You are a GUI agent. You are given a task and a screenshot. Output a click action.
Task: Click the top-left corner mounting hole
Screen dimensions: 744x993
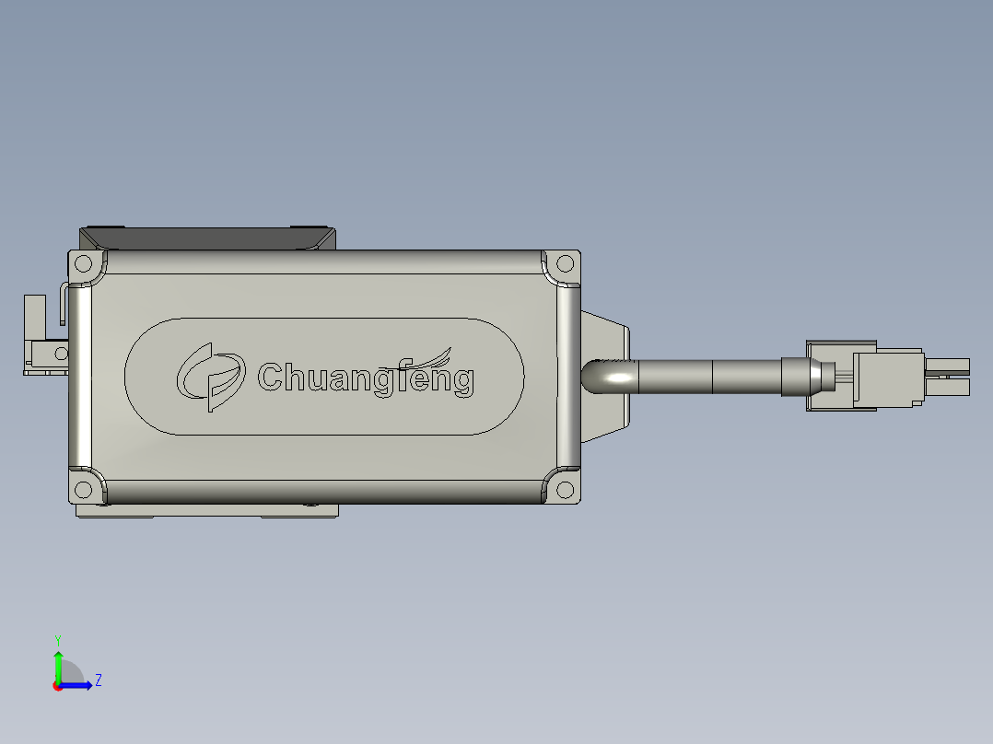pos(83,263)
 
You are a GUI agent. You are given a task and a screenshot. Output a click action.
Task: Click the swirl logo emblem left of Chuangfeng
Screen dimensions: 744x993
pos(211,376)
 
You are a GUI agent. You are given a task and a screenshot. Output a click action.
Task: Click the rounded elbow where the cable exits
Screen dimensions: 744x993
pos(597,377)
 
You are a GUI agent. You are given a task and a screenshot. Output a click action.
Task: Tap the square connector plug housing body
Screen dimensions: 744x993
pos(887,377)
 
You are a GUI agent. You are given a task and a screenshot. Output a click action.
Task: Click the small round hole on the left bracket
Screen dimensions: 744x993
pos(62,353)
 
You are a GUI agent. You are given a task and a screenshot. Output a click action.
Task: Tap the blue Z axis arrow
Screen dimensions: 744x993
pos(79,685)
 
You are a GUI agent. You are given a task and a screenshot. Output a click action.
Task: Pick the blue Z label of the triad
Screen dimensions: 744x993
pos(98,680)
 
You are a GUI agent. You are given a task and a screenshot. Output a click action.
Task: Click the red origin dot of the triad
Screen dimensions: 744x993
pos(58,686)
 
